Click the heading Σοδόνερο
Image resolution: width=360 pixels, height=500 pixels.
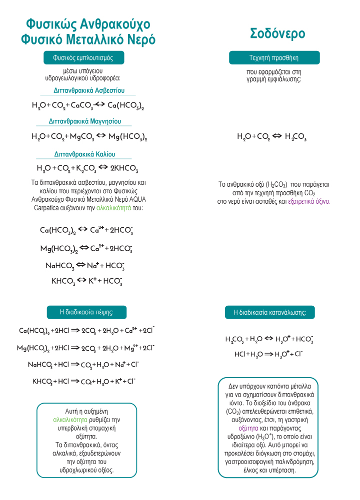pos(277,33)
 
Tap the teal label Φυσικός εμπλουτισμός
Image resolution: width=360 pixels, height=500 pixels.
pos(83,58)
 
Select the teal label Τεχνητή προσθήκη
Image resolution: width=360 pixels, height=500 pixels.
pos(273,58)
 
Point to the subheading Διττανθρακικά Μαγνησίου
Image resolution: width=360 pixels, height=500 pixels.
pos(83,121)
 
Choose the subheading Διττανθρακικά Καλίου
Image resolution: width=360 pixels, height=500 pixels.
pos(85,154)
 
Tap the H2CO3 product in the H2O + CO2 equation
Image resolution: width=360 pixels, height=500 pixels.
pos(295,136)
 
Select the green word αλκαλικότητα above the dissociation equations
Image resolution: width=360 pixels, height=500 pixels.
pos(110,207)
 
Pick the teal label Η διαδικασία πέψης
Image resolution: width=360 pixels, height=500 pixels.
pos(86,312)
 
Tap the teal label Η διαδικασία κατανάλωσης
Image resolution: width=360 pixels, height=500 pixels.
pos(273,313)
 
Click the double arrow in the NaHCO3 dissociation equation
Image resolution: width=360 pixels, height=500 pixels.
pos(81,266)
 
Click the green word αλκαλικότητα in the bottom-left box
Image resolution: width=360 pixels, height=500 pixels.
pos(70,420)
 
